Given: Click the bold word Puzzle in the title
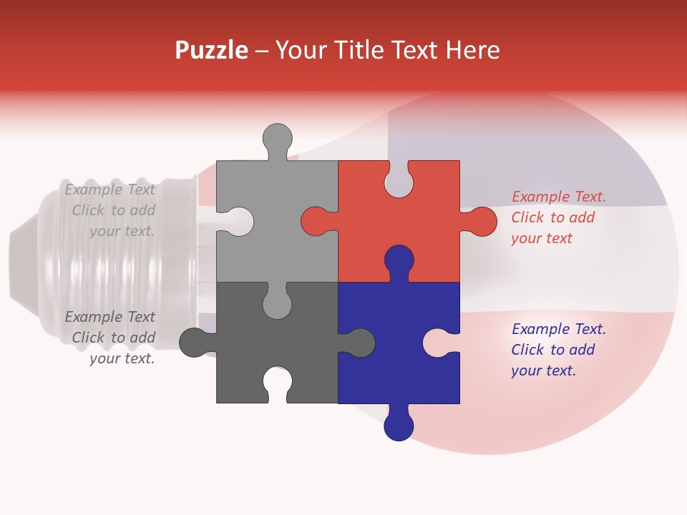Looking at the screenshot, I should (212, 50).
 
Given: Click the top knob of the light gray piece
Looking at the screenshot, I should (277, 137).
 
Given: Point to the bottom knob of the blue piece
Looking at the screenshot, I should (399, 426).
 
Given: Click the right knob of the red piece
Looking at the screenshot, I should (482, 221).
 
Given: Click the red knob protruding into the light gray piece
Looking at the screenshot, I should (316, 221).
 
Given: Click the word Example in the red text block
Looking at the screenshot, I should (539, 197).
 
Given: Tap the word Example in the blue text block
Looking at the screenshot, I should (539, 329).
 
